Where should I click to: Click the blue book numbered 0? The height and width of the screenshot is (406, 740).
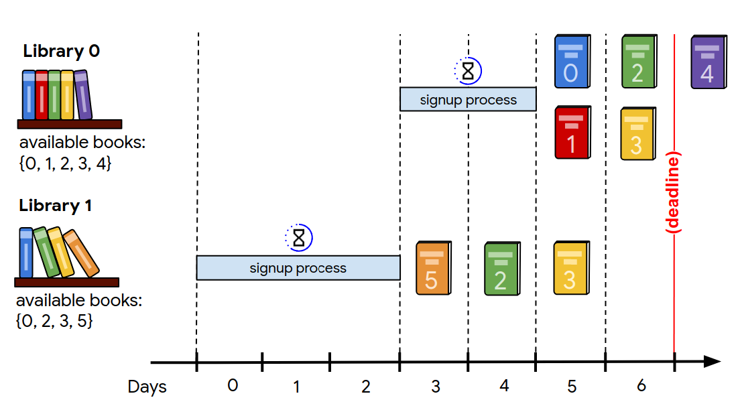(572, 62)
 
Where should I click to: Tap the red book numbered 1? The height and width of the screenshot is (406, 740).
(572, 132)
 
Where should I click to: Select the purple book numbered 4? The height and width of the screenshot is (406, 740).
(708, 62)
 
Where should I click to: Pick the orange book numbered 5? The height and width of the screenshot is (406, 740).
(433, 269)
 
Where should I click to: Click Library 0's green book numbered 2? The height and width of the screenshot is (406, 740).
(637, 62)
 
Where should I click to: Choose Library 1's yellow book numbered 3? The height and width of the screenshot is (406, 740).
(570, 269)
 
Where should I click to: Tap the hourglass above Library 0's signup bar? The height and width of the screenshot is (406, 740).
(469, 70)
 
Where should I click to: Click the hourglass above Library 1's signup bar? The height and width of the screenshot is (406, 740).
(299, 237)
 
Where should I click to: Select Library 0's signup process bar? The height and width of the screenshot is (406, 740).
(468, 99)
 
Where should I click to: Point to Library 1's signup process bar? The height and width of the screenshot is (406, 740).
(298, 267)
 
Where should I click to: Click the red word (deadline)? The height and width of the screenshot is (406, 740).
(674, 193)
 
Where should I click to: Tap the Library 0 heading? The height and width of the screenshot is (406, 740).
(61, 50)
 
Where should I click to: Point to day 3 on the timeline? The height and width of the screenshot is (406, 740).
(435, 386)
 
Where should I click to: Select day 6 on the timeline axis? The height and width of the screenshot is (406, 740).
(641, 386)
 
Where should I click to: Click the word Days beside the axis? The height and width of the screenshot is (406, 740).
(147, 387)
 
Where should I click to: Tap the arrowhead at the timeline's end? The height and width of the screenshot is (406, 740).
(712, 362)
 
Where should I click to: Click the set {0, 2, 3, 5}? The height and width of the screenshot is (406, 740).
(54, 321)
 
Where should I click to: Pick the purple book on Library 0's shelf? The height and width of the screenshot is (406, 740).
(82, 94)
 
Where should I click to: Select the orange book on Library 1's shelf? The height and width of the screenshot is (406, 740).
(80, 253)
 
